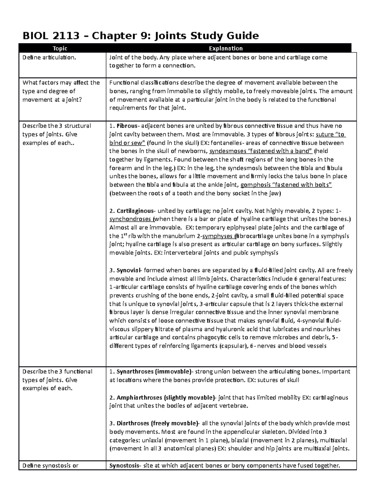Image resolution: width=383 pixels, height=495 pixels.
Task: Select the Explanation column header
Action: (x=226, y=48)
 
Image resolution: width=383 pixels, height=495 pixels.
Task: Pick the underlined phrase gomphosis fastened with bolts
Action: (x=286, y=185)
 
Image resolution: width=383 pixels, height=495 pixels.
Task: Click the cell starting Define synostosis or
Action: (x=50, y=466)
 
